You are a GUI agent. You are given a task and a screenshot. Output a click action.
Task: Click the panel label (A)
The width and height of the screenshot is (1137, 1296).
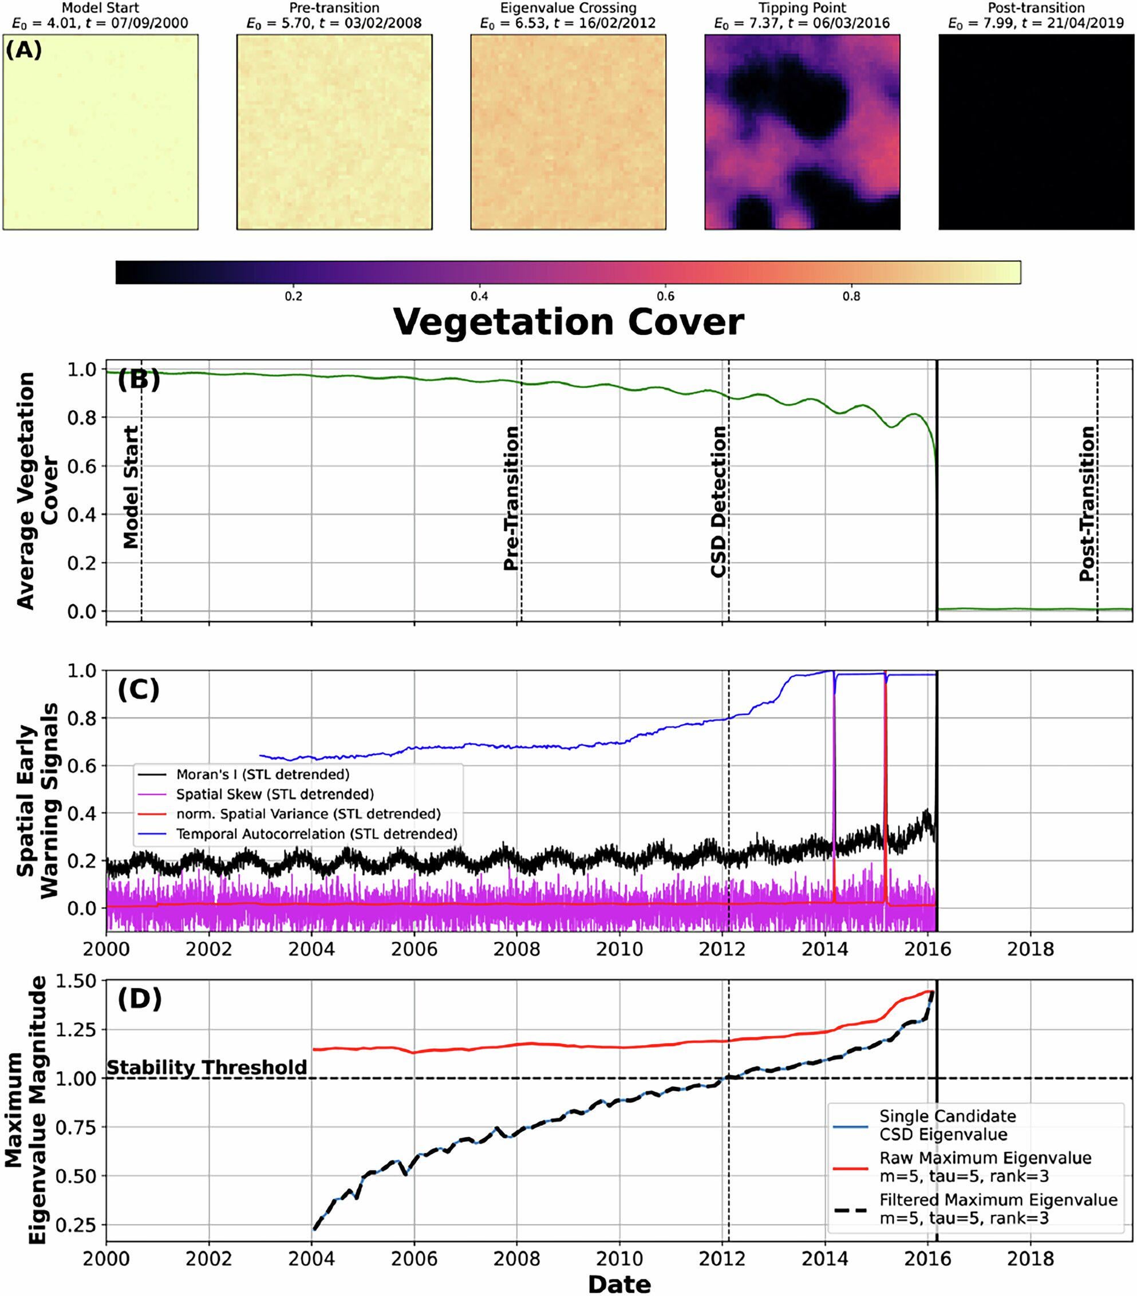(24, 49)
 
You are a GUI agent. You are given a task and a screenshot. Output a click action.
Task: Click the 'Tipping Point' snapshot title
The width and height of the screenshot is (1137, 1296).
(802, 8)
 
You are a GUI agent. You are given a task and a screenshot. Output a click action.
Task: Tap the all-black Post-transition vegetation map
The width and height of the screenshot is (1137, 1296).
(1036, 132)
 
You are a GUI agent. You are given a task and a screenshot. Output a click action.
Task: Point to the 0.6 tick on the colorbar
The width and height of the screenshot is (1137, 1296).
(665, 297)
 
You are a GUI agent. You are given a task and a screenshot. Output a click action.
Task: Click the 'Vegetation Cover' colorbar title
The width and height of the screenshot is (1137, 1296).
(568, 322)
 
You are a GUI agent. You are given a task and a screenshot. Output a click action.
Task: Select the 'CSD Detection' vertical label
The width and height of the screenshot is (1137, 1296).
(718, 501)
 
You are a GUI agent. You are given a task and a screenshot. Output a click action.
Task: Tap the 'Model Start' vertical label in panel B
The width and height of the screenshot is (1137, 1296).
(130, 487)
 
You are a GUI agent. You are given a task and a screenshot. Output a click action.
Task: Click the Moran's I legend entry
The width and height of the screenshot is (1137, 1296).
(263, 774)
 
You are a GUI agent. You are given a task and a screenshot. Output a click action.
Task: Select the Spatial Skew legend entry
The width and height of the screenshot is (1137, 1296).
(275, 794)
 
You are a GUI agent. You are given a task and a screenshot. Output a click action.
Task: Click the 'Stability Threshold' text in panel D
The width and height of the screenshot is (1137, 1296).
(207, 1067)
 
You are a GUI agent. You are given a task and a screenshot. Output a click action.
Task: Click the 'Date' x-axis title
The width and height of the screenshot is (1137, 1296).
(619, 1284)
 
